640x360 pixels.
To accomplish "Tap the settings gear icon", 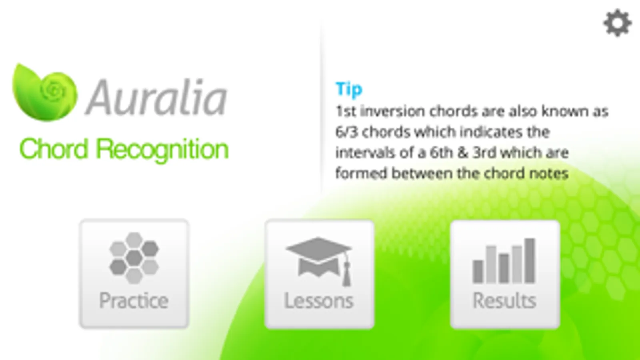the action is coord(618,23).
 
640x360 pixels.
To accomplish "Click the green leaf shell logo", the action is coord(45,92).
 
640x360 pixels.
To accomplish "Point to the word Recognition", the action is coord(162,150).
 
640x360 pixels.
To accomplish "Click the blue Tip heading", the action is coord(349,90).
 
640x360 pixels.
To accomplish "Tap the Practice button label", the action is coord(134,301).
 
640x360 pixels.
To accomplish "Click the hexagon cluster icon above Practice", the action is coord(134,258).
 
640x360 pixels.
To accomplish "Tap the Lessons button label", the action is coord(319,300).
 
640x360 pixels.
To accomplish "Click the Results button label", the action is coord(504,300).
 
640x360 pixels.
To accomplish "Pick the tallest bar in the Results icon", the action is coord(530,260).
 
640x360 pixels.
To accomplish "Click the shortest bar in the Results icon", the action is coord(478,272).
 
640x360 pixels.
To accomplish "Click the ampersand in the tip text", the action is coord(463,153).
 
